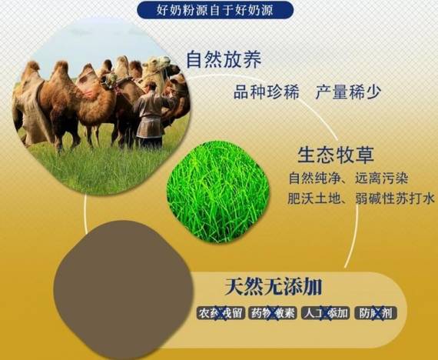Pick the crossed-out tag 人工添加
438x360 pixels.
point(326,313)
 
